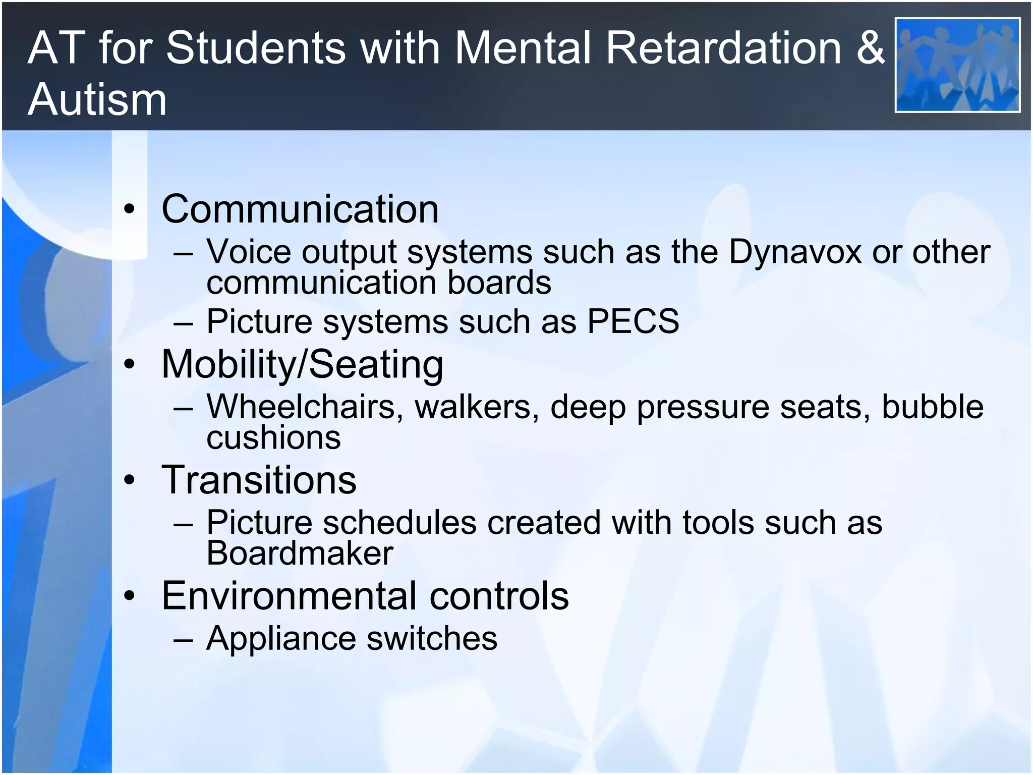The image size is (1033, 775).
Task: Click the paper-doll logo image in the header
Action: click(x=957, y=65)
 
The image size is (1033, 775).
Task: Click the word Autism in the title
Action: click(x=97, y=99)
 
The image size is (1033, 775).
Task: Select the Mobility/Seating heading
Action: click(x=302, y=364)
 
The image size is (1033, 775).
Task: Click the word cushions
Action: click(x=273, y=437)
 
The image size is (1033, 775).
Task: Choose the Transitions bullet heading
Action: click(x=259, y=480)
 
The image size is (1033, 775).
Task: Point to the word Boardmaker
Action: click(x=300, y=553)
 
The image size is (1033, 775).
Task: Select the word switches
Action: click(x=432, y=638)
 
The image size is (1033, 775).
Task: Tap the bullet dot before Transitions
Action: click(x=130, y=480)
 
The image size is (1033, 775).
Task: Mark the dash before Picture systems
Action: click(x=183, y=322)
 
